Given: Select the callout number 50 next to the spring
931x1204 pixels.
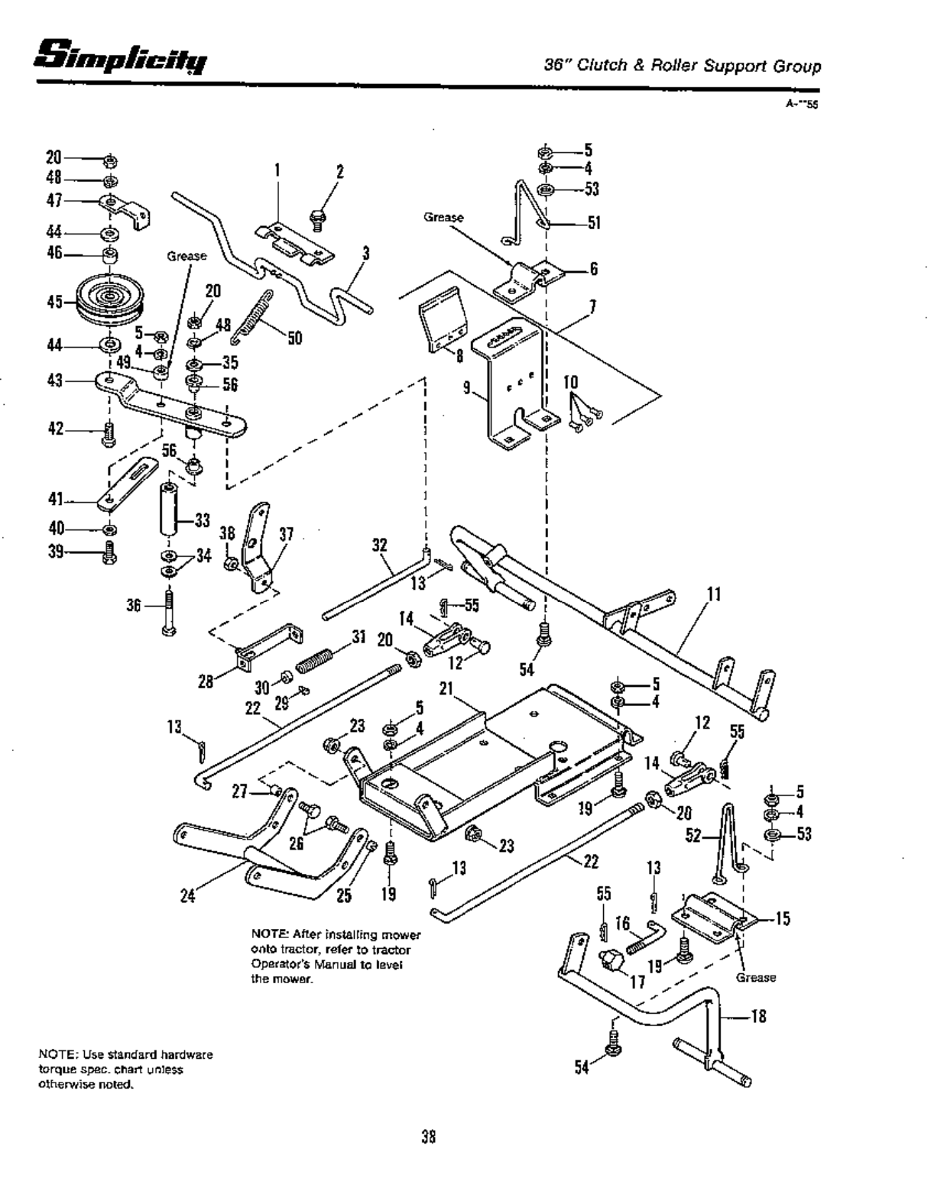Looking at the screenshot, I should point(294,337).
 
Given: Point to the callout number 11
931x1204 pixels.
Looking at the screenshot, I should point(715,594).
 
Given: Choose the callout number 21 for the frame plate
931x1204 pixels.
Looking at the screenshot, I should point(447,688).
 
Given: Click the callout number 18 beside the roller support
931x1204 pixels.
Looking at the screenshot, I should point(759,1016).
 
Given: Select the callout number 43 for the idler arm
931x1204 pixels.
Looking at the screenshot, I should point(54,380).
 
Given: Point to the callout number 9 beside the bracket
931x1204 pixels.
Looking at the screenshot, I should point(466,388).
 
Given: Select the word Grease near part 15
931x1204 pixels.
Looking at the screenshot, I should point(756,977).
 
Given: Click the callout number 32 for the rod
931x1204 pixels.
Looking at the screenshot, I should point(380,545).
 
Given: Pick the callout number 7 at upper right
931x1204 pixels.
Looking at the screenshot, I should point(592,306).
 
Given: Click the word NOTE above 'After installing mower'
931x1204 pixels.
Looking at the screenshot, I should point(266,934).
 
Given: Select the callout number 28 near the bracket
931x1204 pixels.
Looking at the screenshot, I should point(206,681).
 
